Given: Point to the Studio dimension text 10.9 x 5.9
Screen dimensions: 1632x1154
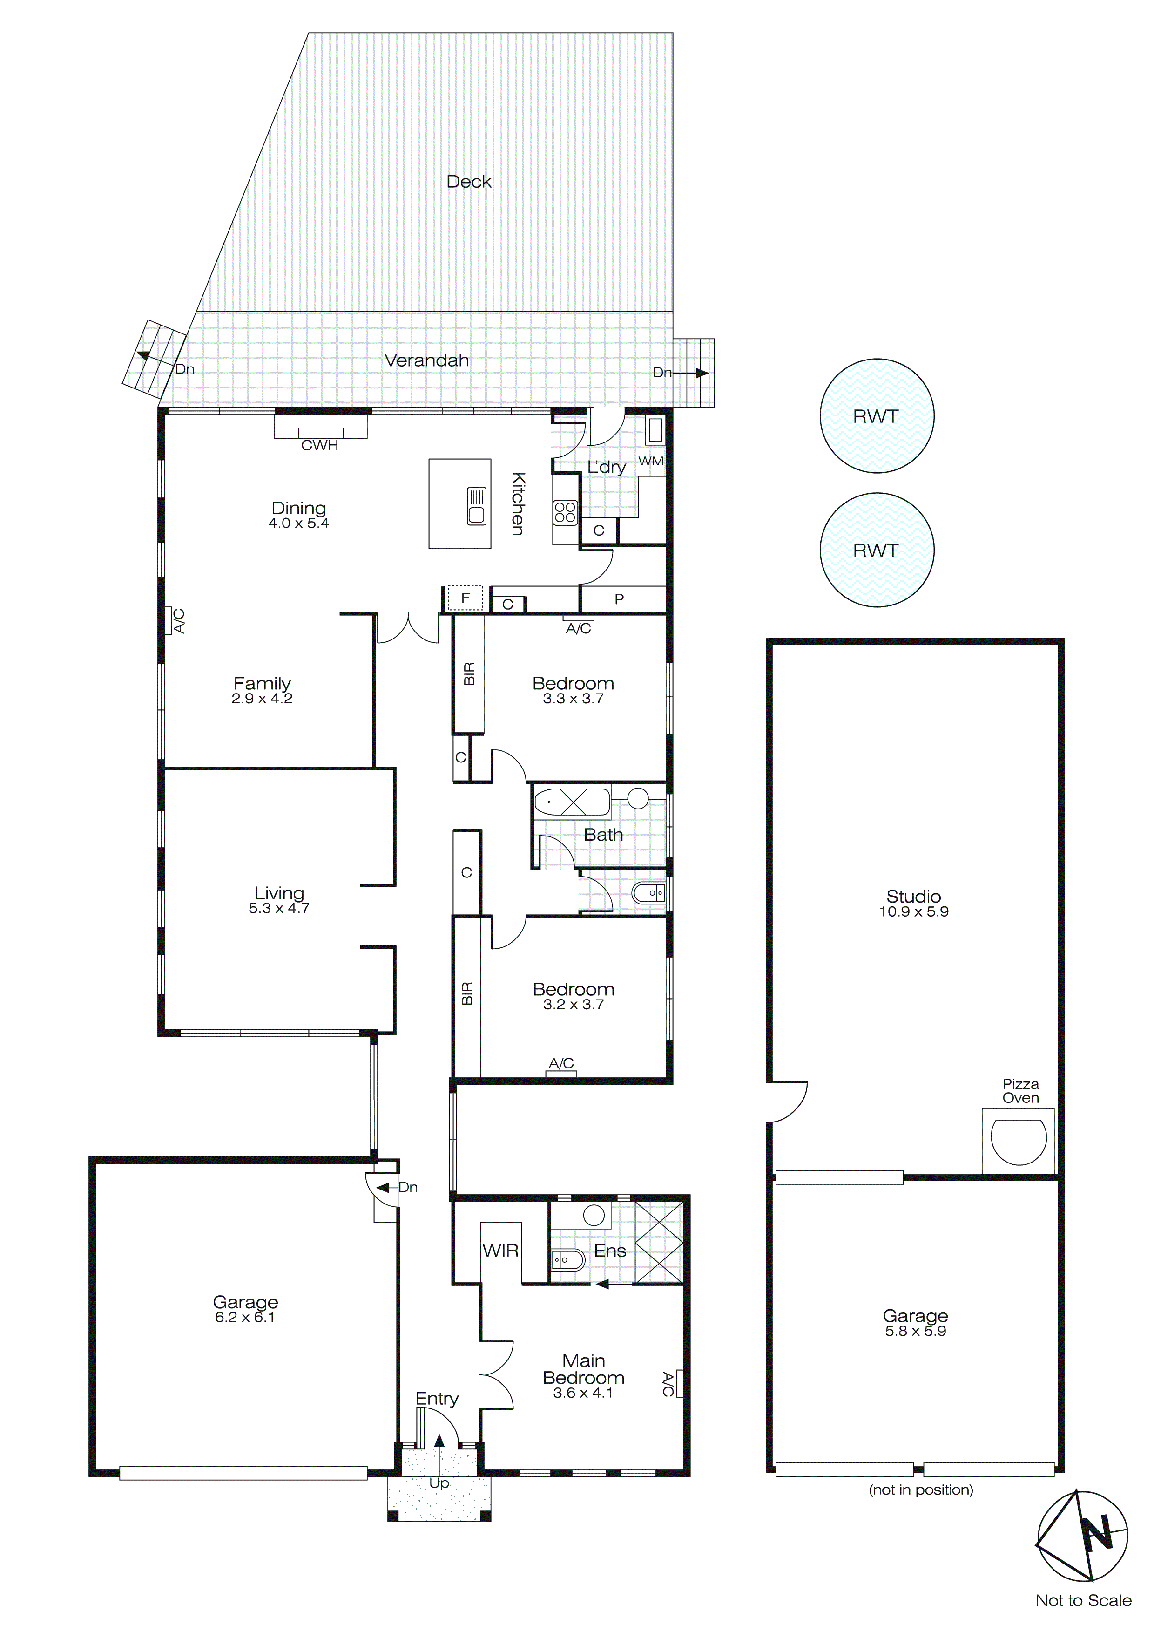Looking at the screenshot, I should pyautogui.click(x=914, y=912).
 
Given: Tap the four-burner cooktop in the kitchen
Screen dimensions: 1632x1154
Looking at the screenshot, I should pyautogui.click(x=566, y=512).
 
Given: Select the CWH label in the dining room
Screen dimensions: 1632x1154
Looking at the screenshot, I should pyautogui.click(x=320, y=446).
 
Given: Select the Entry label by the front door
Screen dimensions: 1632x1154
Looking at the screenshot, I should pyautogui.click(x=437, y=1399).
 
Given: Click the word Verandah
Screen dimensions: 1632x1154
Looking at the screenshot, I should pyautogui.click(x=426, y=360).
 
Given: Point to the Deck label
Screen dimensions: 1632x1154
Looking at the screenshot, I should pyautogui.click(x=469, y=182).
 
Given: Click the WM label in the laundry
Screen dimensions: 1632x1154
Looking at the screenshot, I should pyautogui.click(x=650, y=461).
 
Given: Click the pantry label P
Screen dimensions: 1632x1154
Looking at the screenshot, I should pyautogui.click(x=619, y=599).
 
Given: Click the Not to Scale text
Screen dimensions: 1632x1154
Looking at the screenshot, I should pyautogui.click(x=1083, y=1600).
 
